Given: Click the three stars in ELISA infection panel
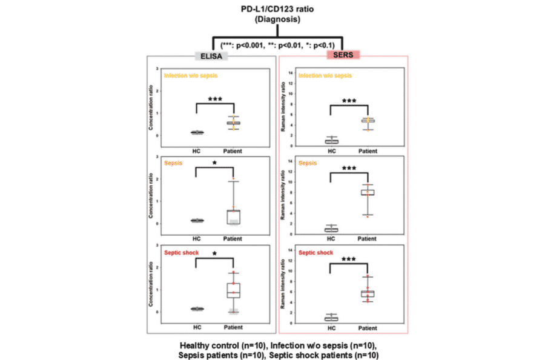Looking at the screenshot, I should (x=214, y=99).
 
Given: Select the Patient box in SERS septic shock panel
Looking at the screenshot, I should (x=368, y=294).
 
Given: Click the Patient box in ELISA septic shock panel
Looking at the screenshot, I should (x=233, y=290).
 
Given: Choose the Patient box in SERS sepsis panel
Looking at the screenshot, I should (x=368, y=193).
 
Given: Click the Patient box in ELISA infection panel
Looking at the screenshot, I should (x=233, y=123).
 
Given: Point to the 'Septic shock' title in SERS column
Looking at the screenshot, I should (x=316, y=252).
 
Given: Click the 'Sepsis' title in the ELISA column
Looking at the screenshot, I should (x=174, y=164).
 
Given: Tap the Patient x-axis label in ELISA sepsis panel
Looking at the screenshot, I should (x=233, y=239).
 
